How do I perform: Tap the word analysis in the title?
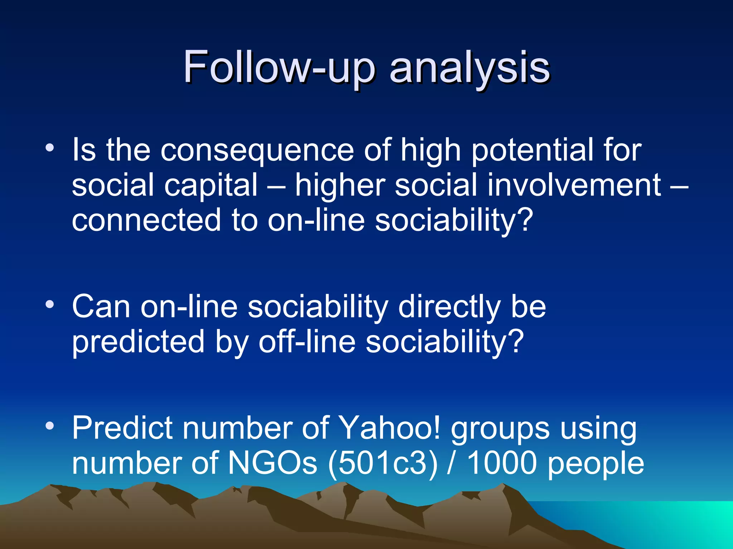[470, 68]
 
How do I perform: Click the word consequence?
[257, 150]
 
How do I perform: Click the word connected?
[146, 220]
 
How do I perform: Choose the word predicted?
[138, 342]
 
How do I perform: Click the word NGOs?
[272, 463]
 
